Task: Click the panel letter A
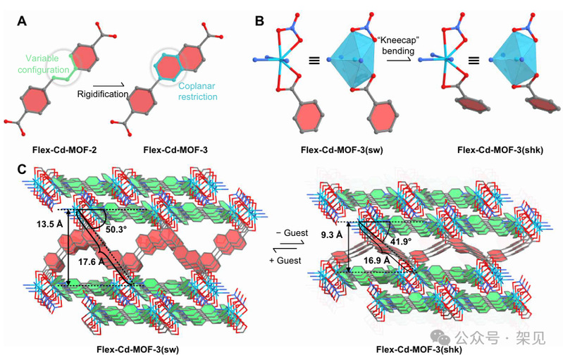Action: (21, 21)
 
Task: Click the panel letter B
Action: (259, 21)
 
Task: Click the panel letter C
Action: (22, 169)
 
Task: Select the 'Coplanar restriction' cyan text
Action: (197, 91)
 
